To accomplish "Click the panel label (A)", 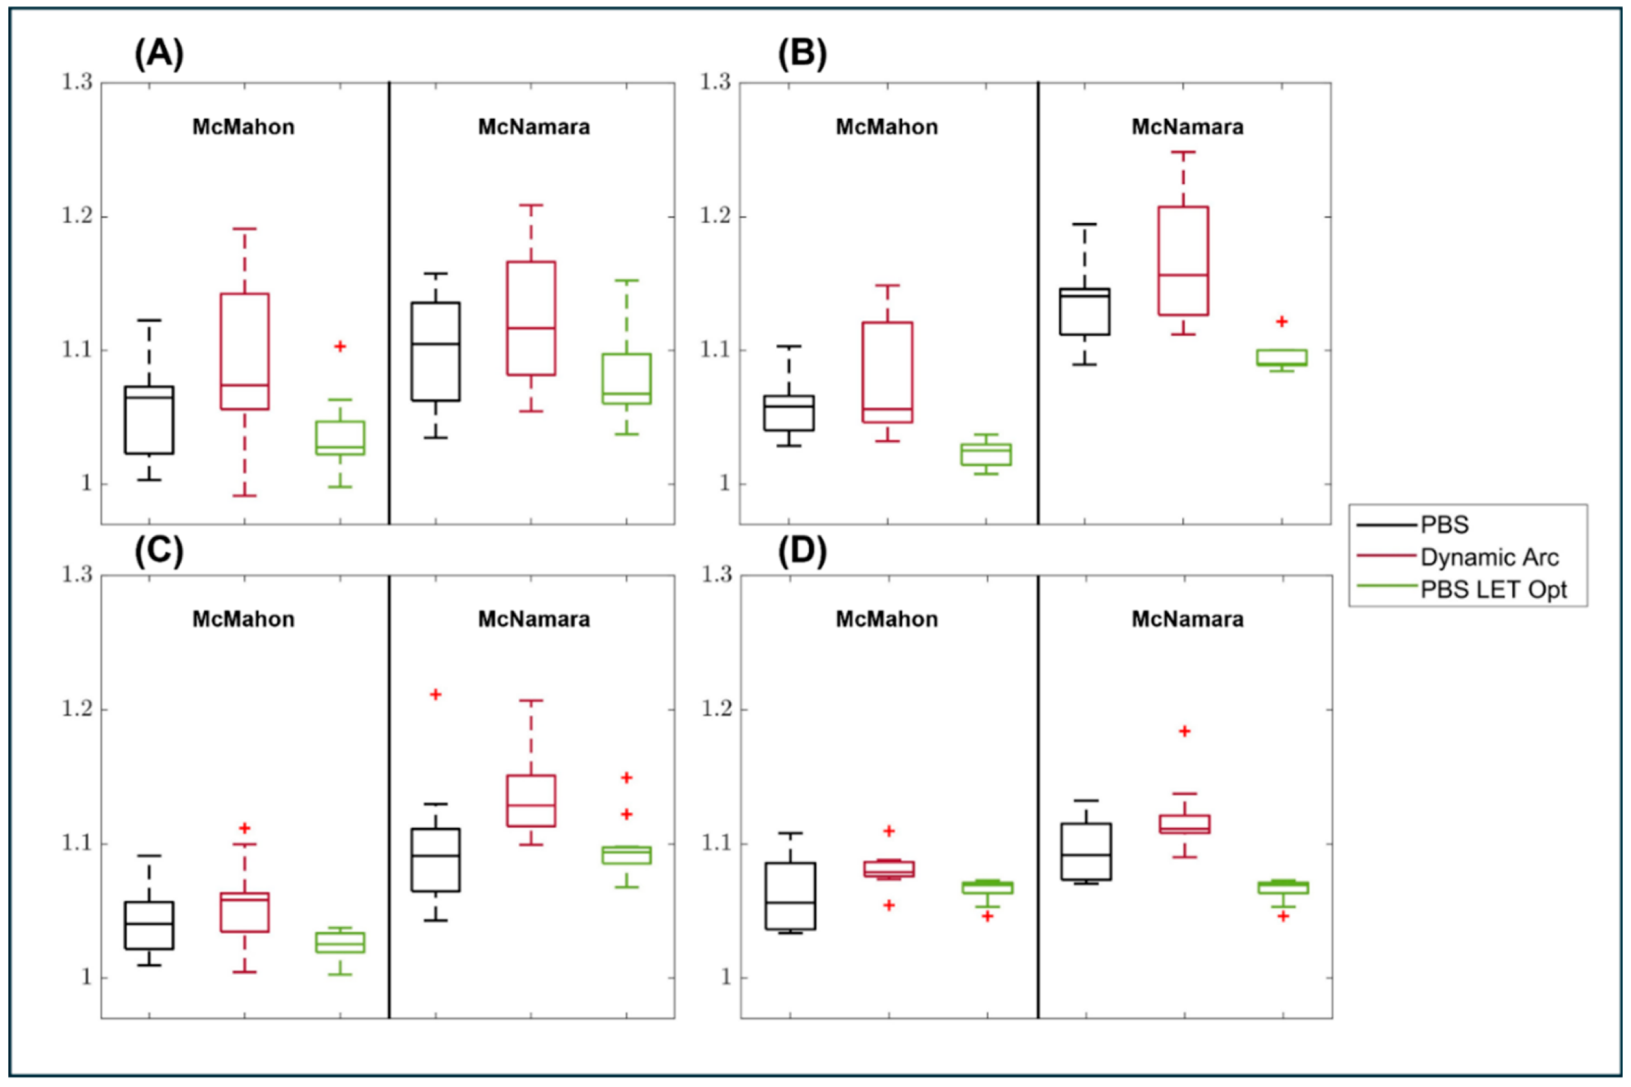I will coord(159,55).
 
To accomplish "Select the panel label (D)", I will coord(802,552).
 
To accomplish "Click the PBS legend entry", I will coord(1445,525).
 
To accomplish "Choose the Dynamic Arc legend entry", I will coord(1490,557).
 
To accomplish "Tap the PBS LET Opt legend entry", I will coord(1494,589).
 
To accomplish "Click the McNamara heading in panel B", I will coord(1187,127).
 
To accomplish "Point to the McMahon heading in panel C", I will coord(243,618).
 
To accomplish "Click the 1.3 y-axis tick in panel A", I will coord(77,82).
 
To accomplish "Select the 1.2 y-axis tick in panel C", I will coord(77,710).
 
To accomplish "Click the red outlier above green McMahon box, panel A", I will coord(340,346).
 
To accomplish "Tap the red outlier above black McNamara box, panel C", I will coord(435,694).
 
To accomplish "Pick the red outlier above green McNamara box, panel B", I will coord(1282,321).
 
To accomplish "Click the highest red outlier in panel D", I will coord(1185,731).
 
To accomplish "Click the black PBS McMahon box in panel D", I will coord(790,896).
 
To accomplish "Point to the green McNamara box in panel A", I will coord(627,379).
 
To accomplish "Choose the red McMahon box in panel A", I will coord(244,351).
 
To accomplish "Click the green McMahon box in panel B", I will coord(986,454).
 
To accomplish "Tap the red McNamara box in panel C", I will coord(531,801).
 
